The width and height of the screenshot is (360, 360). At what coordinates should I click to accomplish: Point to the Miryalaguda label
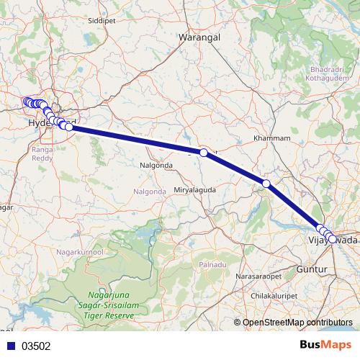coord(195,189)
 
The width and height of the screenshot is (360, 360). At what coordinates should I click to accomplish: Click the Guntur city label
coord(312,269)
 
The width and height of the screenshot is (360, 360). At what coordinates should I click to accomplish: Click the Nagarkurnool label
coord(80,253)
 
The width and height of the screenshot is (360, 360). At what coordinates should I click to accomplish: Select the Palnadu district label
coord(212,266)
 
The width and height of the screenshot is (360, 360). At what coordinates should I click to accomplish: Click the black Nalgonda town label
coord(156,165)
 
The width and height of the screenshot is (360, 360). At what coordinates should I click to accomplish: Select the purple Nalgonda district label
coord(150,192)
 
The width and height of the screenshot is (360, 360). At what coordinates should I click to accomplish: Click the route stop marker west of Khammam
coord(204,153)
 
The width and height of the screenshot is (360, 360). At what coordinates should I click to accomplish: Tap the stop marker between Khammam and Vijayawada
coord(266,184)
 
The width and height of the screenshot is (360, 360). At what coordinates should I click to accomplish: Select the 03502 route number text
coord(36,346)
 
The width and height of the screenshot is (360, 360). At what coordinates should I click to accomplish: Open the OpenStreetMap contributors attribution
coord(297,323)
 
